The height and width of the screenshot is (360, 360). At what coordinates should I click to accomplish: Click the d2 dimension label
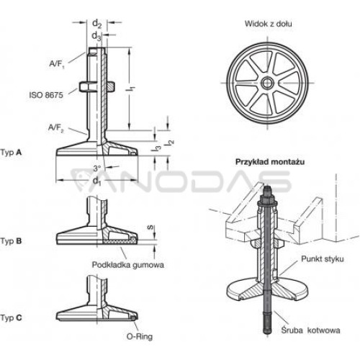(x=97, y=24)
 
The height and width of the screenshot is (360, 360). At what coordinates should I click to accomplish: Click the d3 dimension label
(x=96, y=36)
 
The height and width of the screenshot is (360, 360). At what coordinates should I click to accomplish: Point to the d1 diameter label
(x=97, y=181)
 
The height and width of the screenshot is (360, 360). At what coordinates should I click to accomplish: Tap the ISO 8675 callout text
(x=46, y=95)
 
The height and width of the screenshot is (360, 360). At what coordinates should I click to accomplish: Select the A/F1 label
(x=57, y=64)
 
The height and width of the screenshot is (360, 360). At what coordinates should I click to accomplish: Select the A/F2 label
(x=56, y=128)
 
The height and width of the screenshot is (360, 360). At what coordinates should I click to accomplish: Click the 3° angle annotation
(x=97, y=168)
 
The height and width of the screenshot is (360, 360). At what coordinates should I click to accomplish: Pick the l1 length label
(x=131, y=88)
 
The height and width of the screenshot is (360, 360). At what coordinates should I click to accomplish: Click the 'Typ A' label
(x=11, y=153)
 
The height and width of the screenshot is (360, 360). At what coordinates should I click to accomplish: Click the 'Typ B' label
(x=11, y=241)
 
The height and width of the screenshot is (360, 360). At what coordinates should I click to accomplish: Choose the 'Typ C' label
(x=11, y=318)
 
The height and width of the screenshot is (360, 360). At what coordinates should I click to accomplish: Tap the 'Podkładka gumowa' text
(x=128, y=265)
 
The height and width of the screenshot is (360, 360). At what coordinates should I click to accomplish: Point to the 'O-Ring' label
(x=140, y=336)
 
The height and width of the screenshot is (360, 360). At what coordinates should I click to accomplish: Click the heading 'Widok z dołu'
(x=269, y=24)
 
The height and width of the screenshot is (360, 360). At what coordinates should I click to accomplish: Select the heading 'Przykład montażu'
(x=270, y=162)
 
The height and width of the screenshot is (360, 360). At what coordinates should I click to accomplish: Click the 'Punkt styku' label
(x=323, y=259)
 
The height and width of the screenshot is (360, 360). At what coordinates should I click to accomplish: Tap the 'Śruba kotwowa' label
(x=310, y=330)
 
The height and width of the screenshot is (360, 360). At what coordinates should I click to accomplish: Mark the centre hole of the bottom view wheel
(x=267, y=83)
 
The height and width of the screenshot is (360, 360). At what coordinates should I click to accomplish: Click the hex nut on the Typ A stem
(x=96, y=86)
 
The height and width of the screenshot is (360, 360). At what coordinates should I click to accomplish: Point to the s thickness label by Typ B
(x=150, y=228)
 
